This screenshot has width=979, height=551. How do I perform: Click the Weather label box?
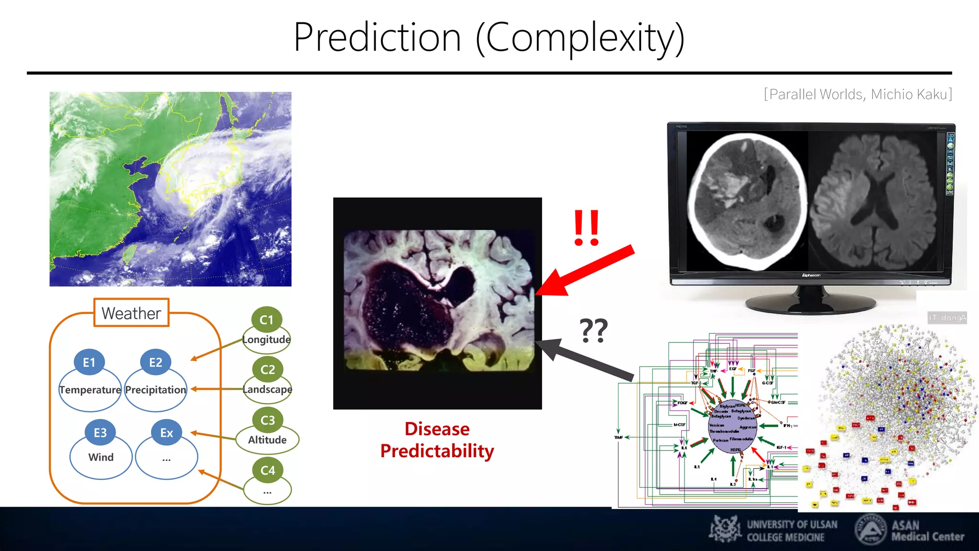[131, 313]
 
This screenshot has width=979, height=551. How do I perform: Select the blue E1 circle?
[89, 362]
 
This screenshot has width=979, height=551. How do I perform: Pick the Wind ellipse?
[101, 457]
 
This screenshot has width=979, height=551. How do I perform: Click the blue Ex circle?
[166, 432]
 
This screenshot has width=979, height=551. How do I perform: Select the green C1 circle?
[267, 320]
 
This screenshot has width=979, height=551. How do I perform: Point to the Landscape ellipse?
[267, 390]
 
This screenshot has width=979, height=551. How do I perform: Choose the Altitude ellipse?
[267, 440]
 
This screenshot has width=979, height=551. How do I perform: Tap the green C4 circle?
[268, 470]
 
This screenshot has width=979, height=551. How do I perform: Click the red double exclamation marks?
[587, 228]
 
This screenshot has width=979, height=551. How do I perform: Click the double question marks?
[593, 331]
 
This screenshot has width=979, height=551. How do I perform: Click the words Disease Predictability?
[437, 440]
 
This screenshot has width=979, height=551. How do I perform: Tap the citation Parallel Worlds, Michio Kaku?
[858, 94]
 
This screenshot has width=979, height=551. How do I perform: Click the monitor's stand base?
[811, 303]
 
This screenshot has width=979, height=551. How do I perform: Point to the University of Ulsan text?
[792, 530]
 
